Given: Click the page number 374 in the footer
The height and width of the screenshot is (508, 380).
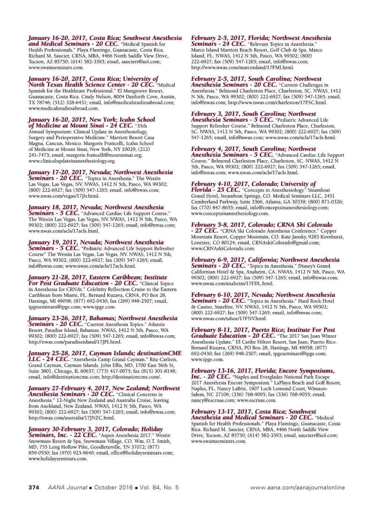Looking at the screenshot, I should tap(34, 488).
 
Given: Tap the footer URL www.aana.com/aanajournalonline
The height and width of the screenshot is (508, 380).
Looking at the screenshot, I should tap(297, 488).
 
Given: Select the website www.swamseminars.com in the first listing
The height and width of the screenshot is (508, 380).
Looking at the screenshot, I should tap(56, 67).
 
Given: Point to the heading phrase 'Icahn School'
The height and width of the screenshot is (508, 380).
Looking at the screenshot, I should tap(137, 120).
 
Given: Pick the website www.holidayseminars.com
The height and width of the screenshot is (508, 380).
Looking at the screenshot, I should tap(58, 459).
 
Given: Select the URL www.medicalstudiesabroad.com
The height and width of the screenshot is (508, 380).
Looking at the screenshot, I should tap(63, 108).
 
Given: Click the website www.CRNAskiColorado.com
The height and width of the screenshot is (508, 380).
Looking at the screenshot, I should tap(223, 248).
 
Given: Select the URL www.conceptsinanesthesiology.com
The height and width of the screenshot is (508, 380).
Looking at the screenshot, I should tap(230, 213).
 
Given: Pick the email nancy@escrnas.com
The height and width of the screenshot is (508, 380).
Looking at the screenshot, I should tap(213, 400).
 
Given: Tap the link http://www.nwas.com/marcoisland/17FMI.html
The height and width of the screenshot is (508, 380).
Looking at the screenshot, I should tap(243, 67).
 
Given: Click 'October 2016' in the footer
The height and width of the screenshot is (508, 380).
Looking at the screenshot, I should tap(113, 488).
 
